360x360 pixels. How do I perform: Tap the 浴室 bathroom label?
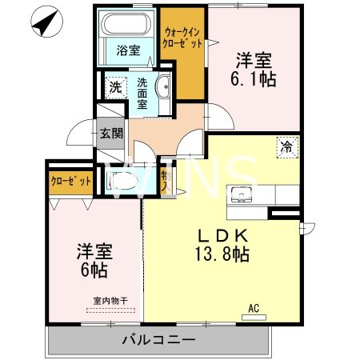click(x=128, y=50)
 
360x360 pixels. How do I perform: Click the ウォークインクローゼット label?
click(x=182, y=38)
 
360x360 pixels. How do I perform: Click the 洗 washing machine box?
click(x=114, y=86)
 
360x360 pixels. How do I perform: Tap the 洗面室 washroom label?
click(x=142, y=93)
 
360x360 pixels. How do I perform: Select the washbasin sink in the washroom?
click(x=164, y=88)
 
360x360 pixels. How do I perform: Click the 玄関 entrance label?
click(x=111, y=133)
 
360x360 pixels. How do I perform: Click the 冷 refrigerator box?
click(x=286, y=146)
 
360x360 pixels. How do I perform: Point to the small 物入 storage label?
click(x=164, y=179)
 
